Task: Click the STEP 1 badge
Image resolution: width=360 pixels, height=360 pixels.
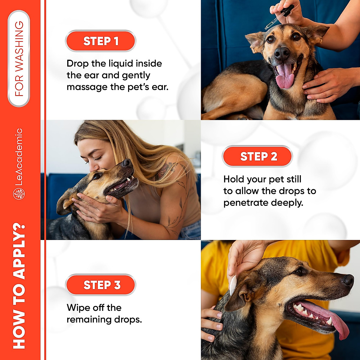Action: tap(100, 41)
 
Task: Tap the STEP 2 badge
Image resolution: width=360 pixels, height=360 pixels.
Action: tap(257, 156)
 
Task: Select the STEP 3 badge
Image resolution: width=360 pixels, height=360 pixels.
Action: tap(100, 285)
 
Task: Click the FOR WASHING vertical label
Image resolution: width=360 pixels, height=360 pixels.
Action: tap(19, 58)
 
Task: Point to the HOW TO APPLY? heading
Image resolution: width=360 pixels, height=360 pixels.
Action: tap(19, 286)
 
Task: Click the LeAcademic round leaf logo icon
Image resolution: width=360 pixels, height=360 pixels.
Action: tap(19, 194)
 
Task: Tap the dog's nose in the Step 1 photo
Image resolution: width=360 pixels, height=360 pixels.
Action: tap(282, 53)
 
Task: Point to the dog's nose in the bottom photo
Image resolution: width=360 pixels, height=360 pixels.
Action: tap(348, 280)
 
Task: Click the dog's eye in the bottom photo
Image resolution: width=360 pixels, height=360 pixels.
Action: tap(300, 271)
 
